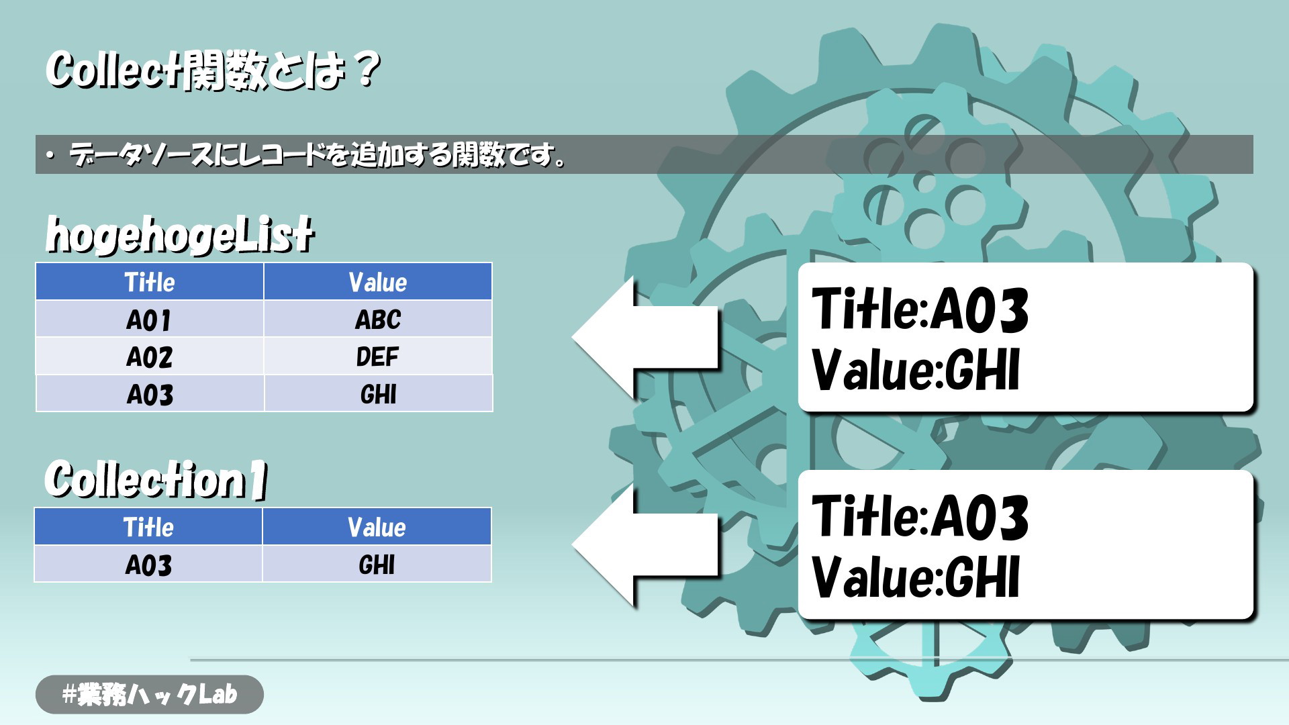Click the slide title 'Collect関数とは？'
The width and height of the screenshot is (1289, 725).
(213, 70)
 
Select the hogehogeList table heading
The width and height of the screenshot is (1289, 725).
(180, 235)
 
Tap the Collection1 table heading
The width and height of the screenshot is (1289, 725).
(156, 479)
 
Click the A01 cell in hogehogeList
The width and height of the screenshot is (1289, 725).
(149, 319)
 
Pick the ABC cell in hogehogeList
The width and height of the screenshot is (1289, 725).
(378, 319)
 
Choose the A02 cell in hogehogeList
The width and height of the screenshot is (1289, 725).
(149, 356)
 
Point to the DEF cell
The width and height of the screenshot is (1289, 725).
(378, 356)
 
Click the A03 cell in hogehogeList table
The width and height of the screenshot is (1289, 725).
(149, 393)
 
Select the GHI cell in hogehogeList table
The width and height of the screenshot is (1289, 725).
(378, 393)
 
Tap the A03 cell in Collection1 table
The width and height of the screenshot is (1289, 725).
(148, 564)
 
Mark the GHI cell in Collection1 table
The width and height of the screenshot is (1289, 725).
(377, 564)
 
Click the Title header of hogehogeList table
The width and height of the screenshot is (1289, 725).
(149, 282)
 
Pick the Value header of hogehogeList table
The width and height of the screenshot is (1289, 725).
(378, 282)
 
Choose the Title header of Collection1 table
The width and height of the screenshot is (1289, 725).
(148, 527)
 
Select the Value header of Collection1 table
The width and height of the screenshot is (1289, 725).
(377, 527)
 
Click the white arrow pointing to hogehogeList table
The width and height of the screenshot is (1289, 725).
(644, 337)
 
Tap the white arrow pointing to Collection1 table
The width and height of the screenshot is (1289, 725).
(644, 544)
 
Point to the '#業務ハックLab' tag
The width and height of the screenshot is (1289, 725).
(150, 694)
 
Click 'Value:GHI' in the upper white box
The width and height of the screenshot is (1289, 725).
(916, 369)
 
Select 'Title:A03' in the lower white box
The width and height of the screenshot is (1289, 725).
(920, 516)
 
